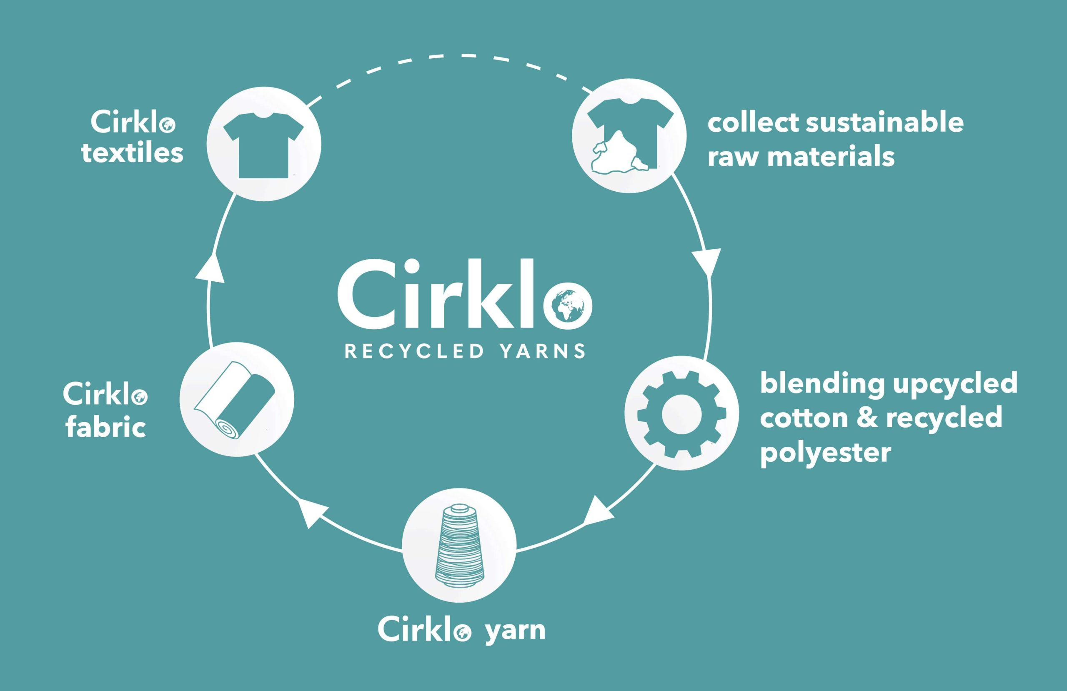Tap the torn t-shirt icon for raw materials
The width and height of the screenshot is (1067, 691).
coord(629,136)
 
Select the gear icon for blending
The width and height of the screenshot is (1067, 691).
coord(681,414)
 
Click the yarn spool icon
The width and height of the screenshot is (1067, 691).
coord(459,545)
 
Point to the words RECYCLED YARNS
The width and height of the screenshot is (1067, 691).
coord(465,351)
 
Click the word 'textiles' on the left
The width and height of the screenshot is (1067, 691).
coord(132,153)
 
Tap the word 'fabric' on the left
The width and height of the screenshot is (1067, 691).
coord(106,427)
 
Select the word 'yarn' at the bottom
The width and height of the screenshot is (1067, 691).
coord(515,631)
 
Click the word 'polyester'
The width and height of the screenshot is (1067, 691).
coord(825,453)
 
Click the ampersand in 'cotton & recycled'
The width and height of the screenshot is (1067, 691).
coord(868,418)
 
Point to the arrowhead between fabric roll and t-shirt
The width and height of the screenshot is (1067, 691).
coord(210,268)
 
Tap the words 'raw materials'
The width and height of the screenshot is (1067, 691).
coord(801,157)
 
